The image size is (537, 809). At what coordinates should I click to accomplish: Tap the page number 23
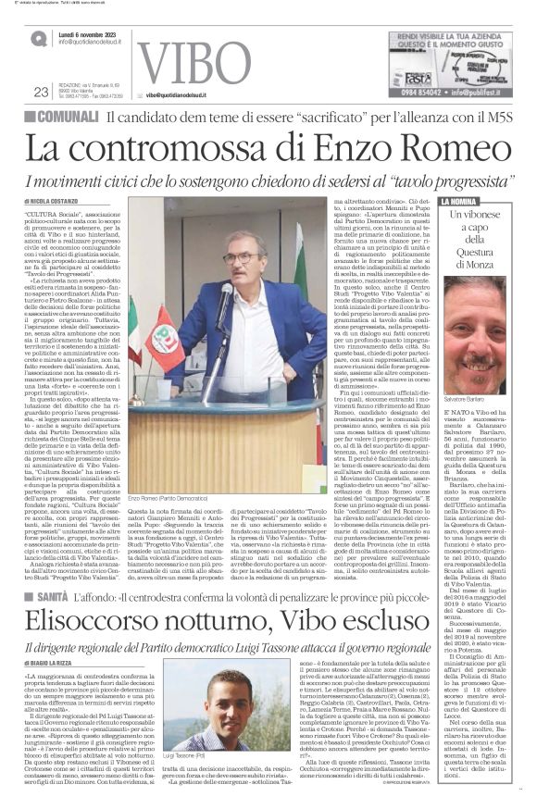[40, 91]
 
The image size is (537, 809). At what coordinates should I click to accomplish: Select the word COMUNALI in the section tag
[70, 116]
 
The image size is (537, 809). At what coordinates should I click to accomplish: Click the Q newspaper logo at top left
[38, 38]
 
